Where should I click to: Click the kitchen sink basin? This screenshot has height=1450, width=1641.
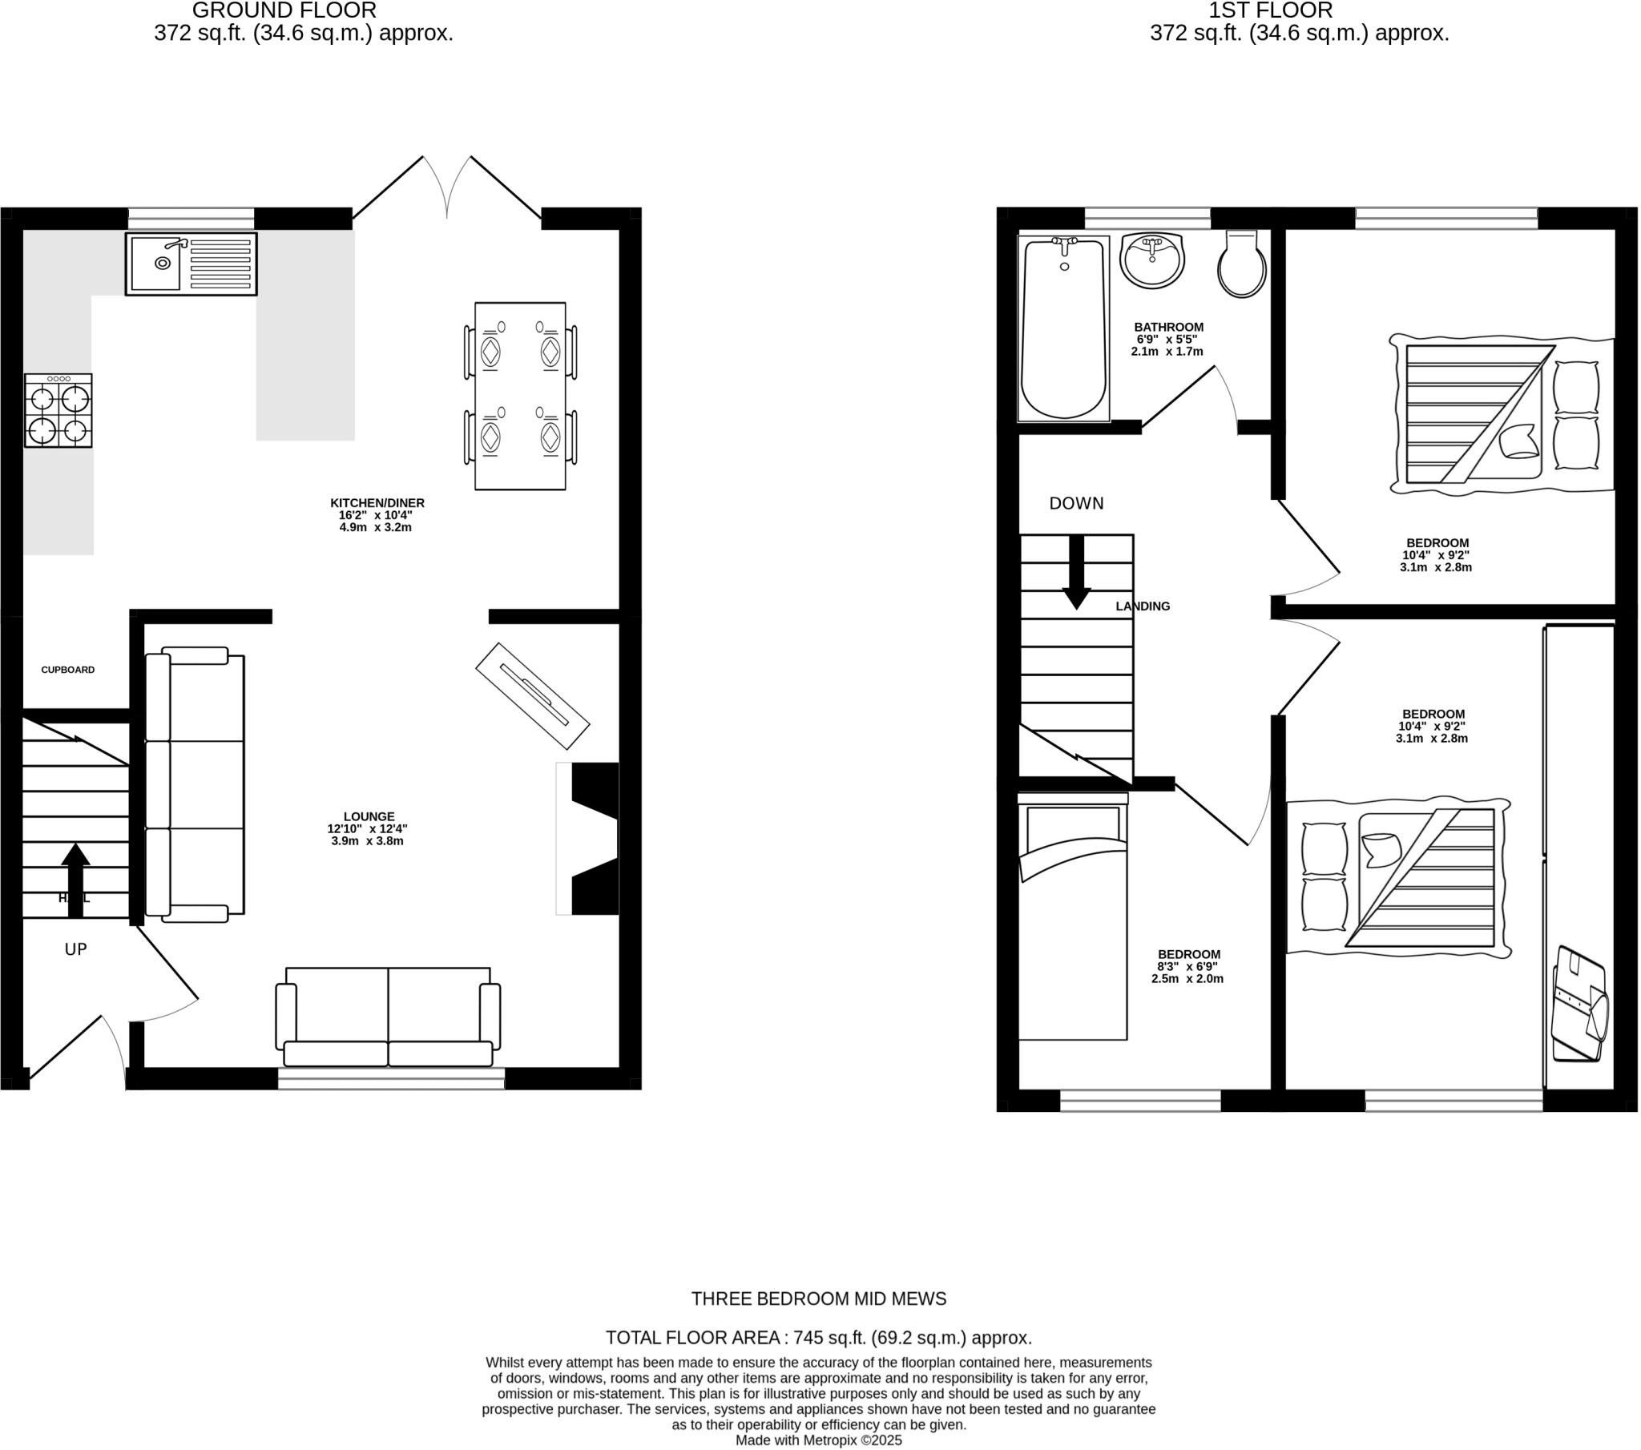156,263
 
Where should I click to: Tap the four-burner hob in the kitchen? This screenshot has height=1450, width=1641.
58,410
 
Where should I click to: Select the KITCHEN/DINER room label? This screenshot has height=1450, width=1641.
377,502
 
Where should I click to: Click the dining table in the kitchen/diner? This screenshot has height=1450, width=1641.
520,396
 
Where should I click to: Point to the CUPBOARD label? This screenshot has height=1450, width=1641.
68,670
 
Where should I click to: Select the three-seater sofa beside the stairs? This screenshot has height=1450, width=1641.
196,784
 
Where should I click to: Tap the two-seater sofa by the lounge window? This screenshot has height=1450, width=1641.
388,1018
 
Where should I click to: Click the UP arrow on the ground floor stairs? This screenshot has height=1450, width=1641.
75,879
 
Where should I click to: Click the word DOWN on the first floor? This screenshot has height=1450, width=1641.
1076,503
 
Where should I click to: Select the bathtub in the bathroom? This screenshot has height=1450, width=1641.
1063,329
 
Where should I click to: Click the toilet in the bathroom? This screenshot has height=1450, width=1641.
1241,265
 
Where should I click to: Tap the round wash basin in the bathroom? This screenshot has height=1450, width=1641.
1152,260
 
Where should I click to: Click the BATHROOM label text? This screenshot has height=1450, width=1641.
1168,327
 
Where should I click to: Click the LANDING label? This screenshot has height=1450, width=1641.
1143,606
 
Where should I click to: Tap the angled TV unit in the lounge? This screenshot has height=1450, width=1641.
532,696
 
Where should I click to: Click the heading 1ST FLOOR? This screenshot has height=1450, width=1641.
1270,10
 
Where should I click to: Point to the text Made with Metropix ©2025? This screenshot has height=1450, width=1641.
818,1440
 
